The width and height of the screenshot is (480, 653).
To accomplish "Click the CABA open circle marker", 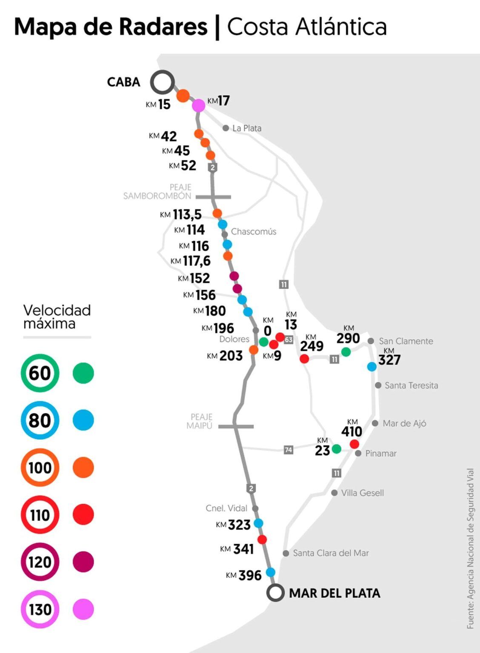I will tap(162, 82).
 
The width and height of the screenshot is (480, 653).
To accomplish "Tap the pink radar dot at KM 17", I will tap(198, 105).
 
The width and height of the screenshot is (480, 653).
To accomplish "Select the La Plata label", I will tap(247, 128).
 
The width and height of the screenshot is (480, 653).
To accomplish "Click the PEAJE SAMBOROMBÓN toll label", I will tap(157, 191).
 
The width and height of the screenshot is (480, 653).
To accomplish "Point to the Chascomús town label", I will tap(254, 232).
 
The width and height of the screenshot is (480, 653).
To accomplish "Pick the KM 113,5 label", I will tap(181, 215).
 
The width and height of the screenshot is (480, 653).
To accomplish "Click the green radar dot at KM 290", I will tap(346, 352).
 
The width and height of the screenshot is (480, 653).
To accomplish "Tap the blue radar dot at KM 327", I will tap(372, 366).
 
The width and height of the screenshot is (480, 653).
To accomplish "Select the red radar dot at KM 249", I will tap(304, 358).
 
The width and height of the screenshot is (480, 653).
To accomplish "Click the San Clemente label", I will tap(406, 341).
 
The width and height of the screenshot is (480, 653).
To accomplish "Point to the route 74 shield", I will tap(289, 449).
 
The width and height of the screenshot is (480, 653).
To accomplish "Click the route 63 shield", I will tap(289, 340).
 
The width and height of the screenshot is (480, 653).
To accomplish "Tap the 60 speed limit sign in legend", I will tap(40, 373).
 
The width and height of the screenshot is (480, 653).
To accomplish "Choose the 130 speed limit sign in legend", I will tap(40, 609).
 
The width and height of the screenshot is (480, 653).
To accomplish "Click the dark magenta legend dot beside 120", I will tap(83, 562).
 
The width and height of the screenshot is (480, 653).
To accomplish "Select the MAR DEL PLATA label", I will tap(334, 593).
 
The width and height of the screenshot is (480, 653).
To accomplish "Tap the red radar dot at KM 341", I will tap(262, 539).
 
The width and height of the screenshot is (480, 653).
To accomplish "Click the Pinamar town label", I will tap(381, 454).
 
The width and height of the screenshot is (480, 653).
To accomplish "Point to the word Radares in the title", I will tap(163, 26).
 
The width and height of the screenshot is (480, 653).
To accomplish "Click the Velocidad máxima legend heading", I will tap(57, 317).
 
